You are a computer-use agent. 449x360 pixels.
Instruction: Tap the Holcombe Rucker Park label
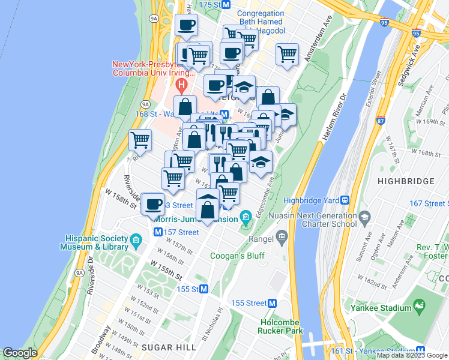(x=282, y=326)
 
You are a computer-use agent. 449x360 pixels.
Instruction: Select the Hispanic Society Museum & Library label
(x=94, y=242)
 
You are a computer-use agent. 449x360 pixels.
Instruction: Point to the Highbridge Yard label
(x=312, y=200)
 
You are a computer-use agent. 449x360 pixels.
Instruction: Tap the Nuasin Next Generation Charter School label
(x=313, y=219)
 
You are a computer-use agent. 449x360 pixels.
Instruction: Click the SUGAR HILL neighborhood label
(x=164, y=347)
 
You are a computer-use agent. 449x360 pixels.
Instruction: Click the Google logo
(x=20, y=353)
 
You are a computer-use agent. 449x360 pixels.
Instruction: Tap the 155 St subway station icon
(x=203, y=289)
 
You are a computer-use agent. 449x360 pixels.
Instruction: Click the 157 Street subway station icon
(x=158, y=232)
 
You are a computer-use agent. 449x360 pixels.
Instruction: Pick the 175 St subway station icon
(x=226, y=4)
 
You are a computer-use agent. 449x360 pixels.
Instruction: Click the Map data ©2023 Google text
(x=412, y=355)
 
